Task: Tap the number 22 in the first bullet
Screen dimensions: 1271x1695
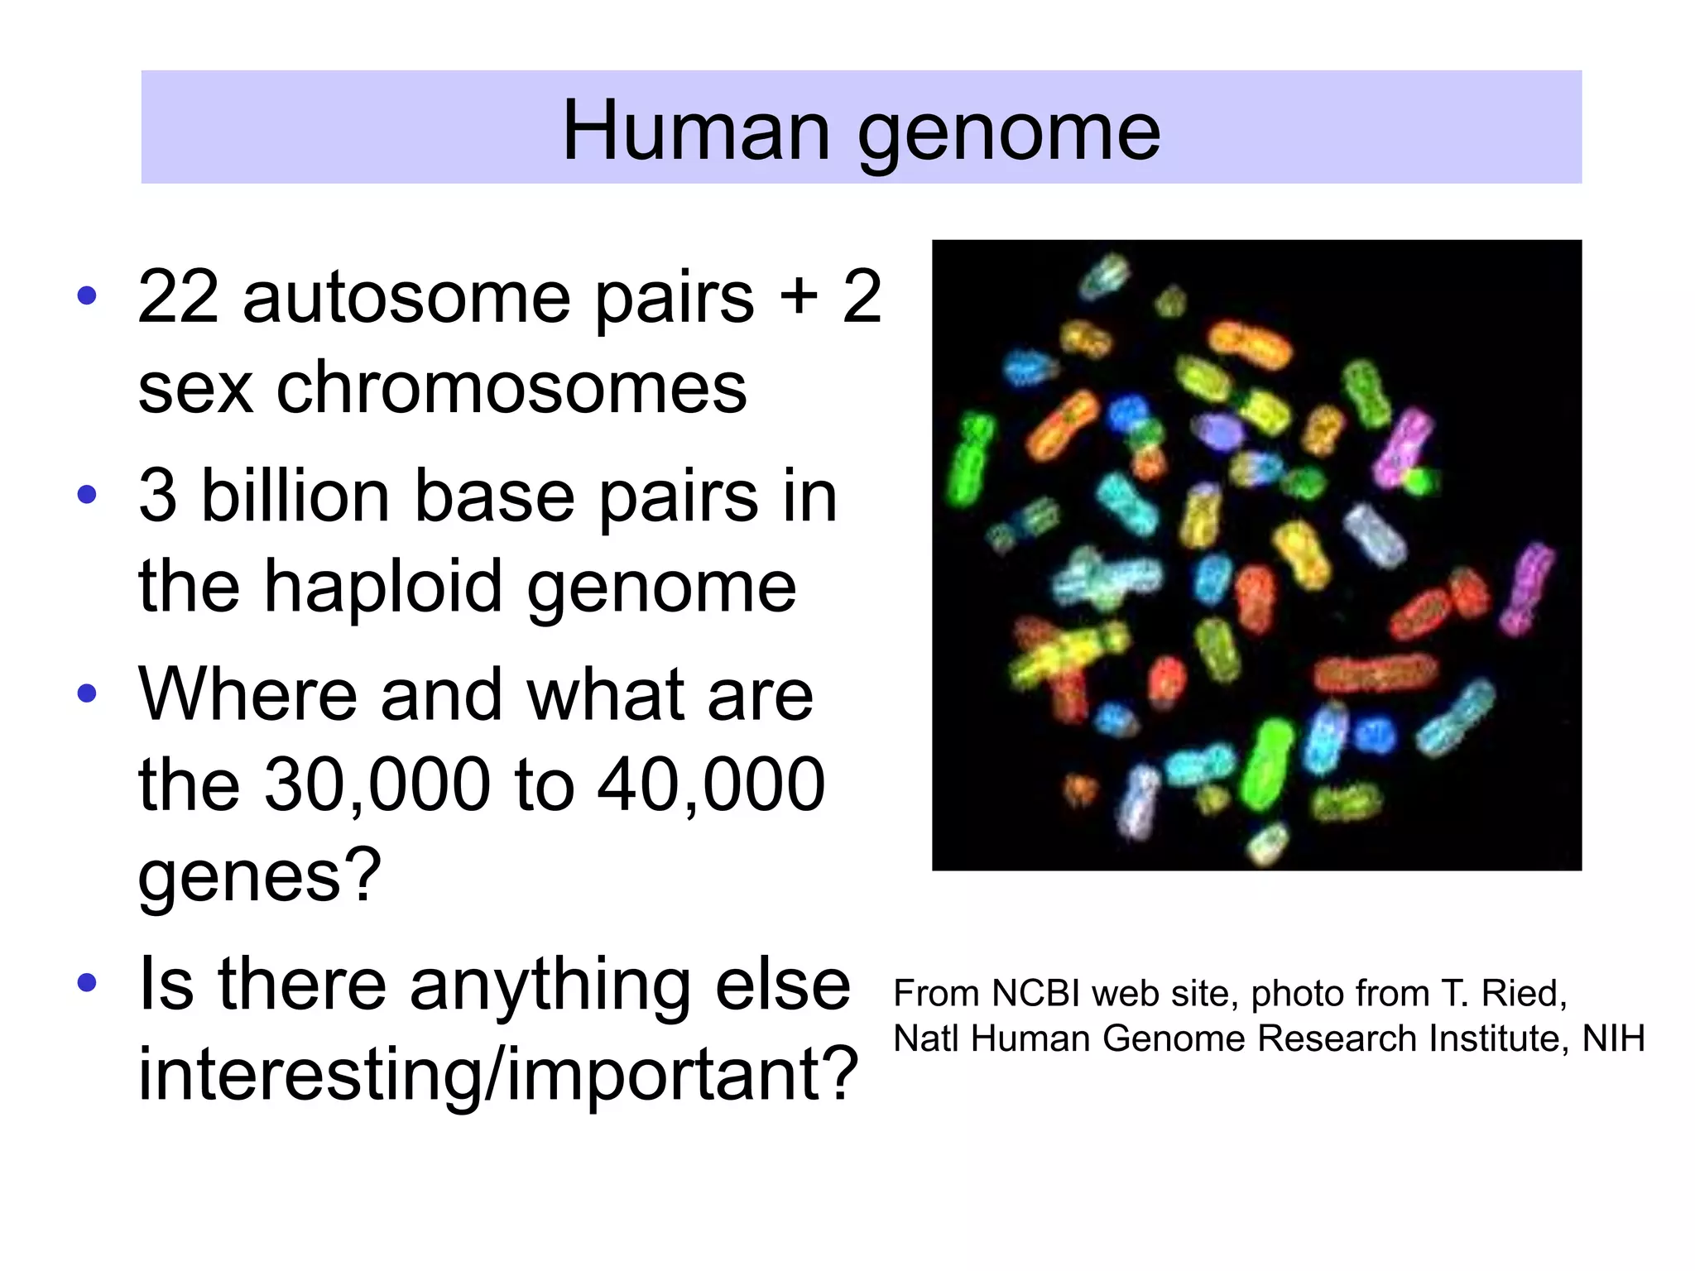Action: [178, 297]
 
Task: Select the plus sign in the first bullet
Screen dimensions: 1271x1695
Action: [799, 297]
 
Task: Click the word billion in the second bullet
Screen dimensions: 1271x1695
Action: [295, 496]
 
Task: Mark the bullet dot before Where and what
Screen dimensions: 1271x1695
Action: [87, 693]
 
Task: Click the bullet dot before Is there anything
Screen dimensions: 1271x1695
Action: [87, 984]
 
